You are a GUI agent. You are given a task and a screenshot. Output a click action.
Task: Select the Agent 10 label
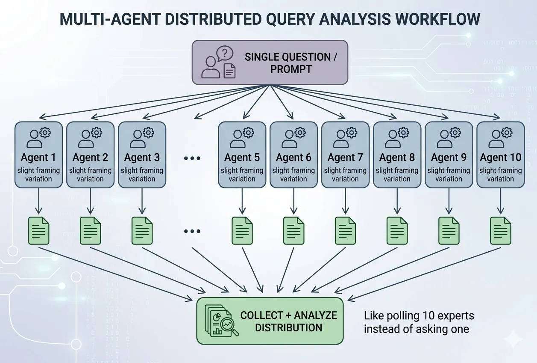(x=500, y=158)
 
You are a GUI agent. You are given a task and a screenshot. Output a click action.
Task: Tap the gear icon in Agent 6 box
(x=300, y=133)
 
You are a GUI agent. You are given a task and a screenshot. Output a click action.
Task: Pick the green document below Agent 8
(x=397, y=231)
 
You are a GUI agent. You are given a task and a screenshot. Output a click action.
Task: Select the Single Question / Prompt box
(x=270, y=62)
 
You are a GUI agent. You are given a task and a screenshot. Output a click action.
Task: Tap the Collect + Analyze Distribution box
(x=270, y=321)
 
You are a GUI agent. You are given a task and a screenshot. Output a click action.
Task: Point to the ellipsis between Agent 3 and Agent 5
(x=192, y=158)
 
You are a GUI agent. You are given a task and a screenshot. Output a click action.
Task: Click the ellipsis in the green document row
(x=192, y=231)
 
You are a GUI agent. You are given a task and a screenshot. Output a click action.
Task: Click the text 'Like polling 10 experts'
(x=419, y=316)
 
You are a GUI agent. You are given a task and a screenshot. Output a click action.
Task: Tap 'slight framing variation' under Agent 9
(x=449, y=175)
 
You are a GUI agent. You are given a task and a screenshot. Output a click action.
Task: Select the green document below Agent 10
(x=501, y=231)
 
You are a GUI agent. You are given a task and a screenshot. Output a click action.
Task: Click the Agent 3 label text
(x=142, y=158)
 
